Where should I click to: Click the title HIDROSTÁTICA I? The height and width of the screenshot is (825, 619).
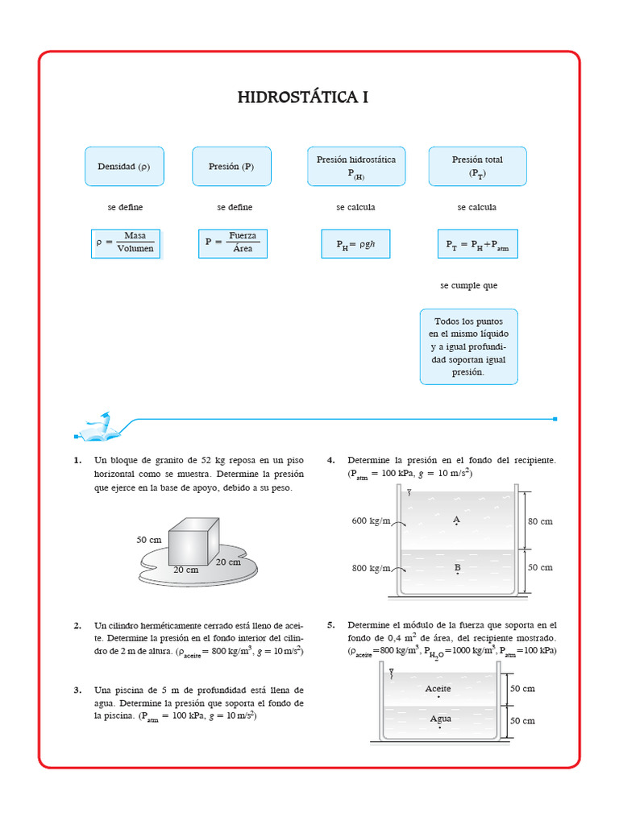tap(303, 97)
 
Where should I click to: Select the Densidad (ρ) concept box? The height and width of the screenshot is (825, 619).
tap(124, 167)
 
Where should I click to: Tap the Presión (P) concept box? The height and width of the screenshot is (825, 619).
tap(231, 167)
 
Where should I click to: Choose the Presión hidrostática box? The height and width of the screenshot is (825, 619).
tap(355, 167)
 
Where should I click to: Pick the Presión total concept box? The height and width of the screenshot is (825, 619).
tap(477, 167)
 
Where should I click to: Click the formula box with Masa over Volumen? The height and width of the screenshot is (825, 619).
tap(126, 243)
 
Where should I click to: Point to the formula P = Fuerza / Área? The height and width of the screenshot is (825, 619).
tap(234, 243)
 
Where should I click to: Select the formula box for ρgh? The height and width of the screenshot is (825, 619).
tap(355, 243)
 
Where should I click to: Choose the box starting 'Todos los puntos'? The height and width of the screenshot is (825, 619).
tap(468, 346)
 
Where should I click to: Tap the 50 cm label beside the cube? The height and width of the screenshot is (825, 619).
tap(148, 539)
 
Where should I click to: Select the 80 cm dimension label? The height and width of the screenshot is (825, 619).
tap(540, 521)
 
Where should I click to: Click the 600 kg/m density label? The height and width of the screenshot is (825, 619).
tap(371, 520)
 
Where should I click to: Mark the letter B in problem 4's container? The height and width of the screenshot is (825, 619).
tap(457, 568)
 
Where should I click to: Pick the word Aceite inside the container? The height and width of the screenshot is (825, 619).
tap(438, 689)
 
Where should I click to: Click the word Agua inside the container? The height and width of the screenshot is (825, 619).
tap(440, 719)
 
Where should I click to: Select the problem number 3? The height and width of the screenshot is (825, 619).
tap(77, 690)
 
